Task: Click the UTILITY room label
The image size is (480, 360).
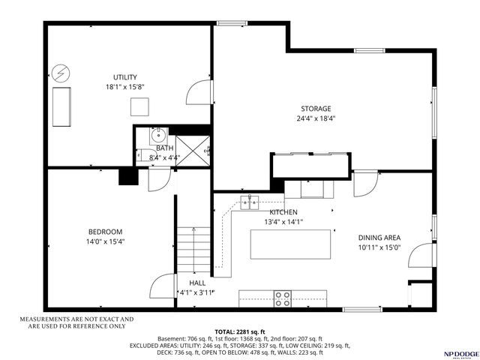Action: [x=124, y=77]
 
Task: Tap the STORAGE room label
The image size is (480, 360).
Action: [x=316, y=109]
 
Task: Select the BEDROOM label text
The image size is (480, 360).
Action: [x=105, y=232]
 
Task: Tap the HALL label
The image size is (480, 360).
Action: [x=197, y=283]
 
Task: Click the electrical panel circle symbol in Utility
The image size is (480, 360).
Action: [x=59, y=73]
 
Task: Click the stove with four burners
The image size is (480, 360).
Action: [x=283, y=298]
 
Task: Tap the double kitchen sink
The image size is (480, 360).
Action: [x=250, y=201]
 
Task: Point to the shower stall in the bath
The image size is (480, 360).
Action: [x=190, y=148]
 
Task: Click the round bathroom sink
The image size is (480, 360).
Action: [x=157, y=136]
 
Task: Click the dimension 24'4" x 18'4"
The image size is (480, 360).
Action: [x=316, y=118]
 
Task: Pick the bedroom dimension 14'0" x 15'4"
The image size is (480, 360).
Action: [x=105, y=241]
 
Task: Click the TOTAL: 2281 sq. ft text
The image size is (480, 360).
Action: [x=239, y=331]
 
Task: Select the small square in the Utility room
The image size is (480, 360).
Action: [x=140, y=107]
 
